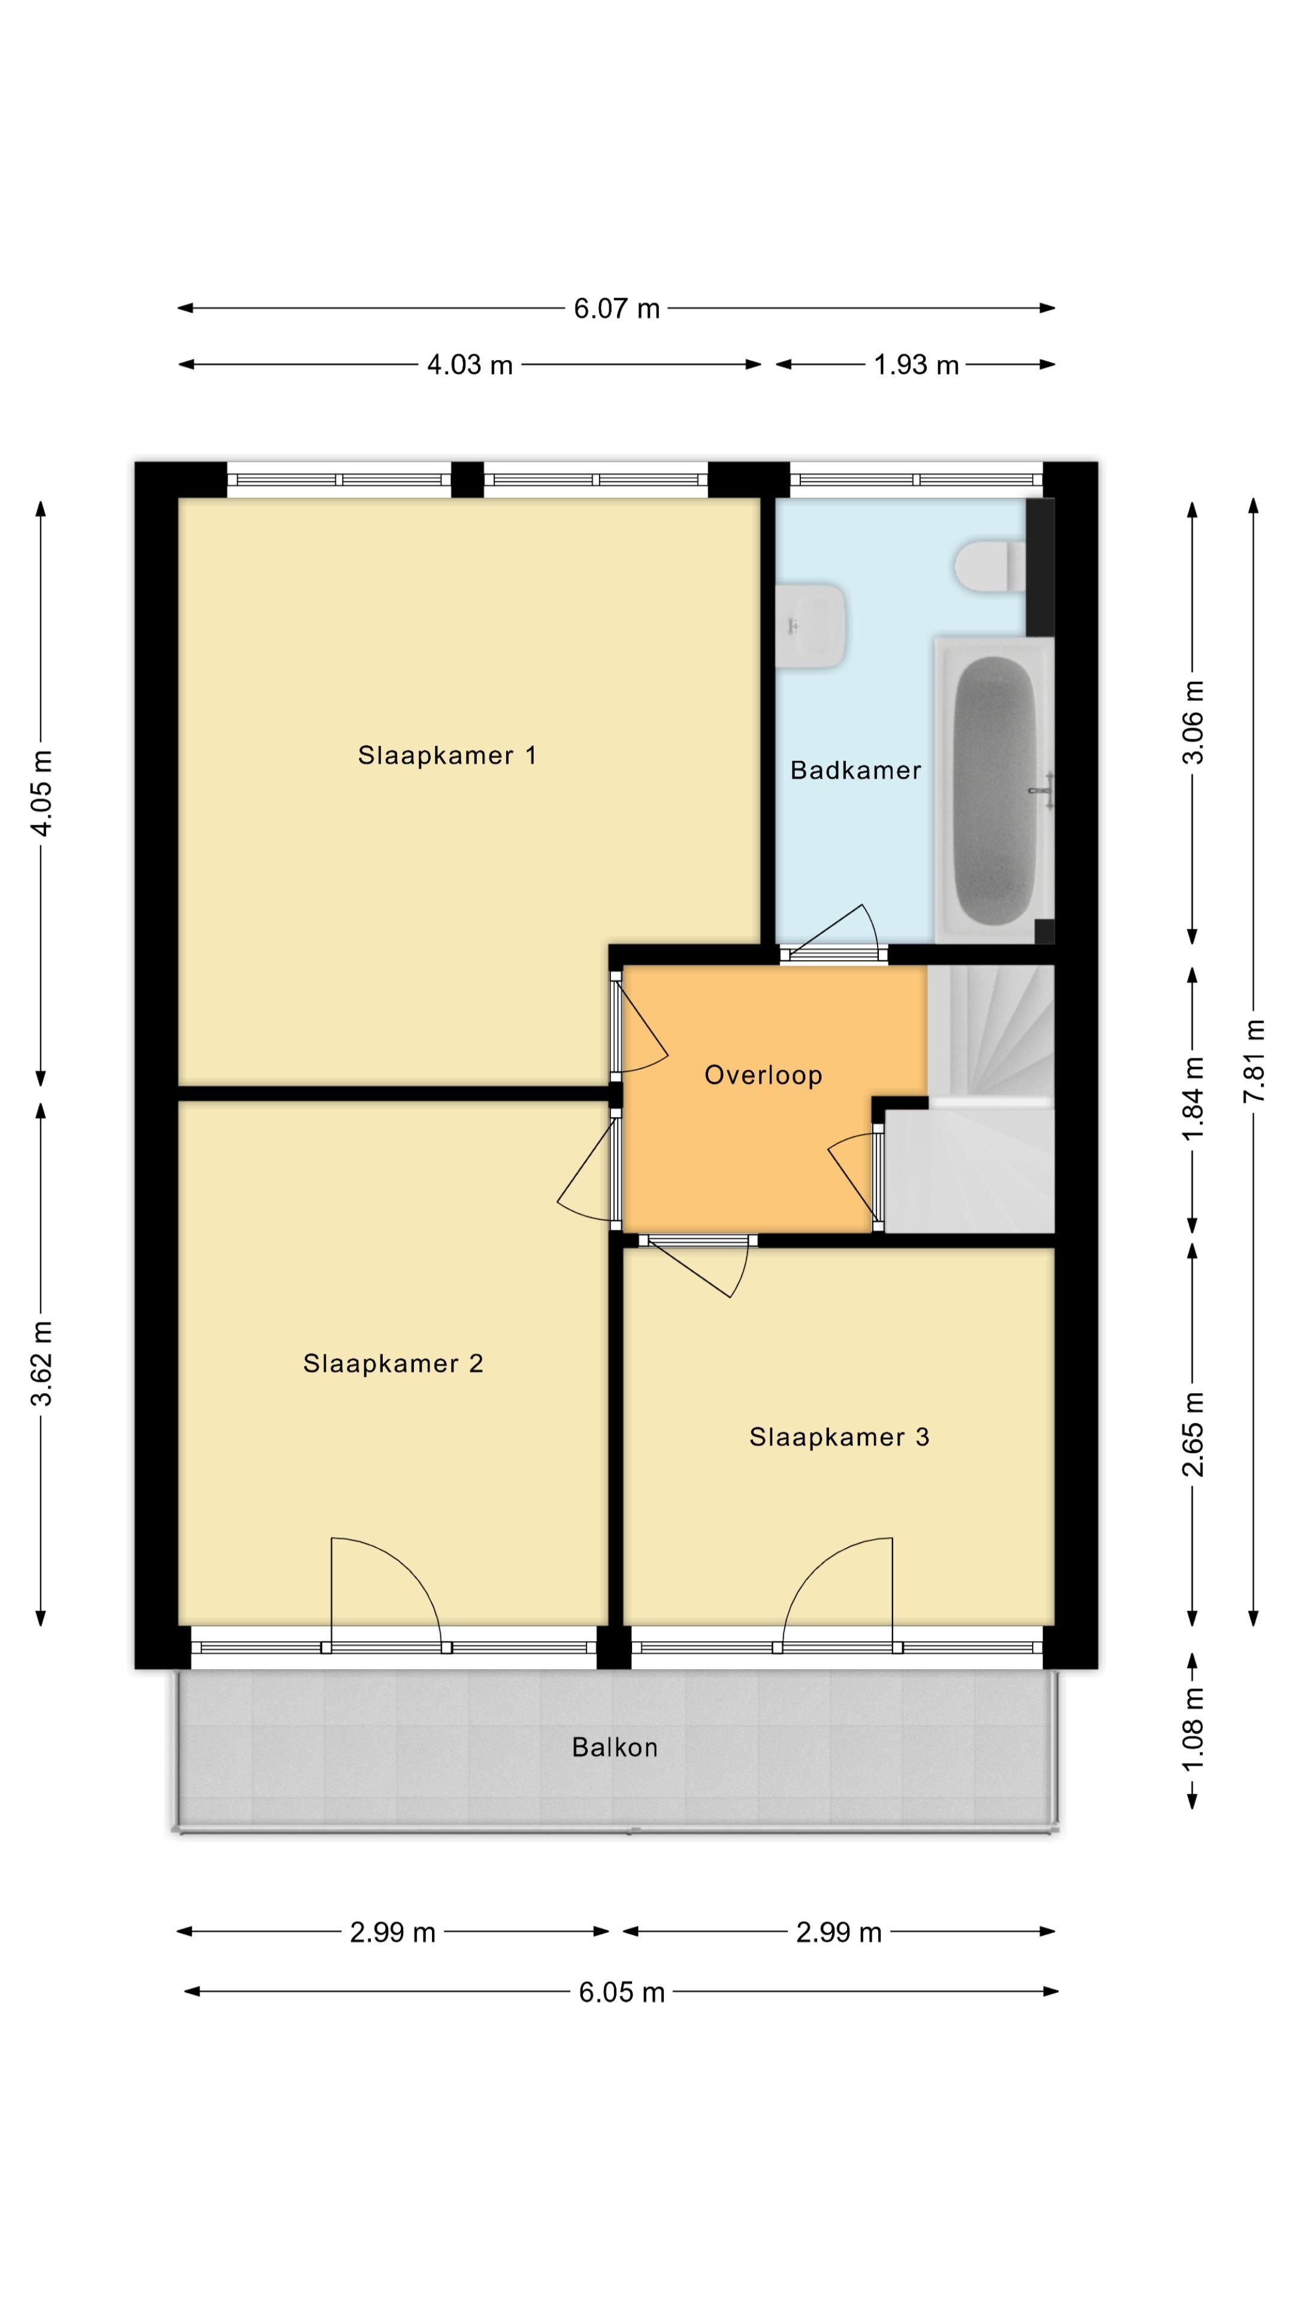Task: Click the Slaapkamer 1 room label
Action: coord(446,755)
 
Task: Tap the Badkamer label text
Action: coord(855,770)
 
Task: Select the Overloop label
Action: coord(763,1075)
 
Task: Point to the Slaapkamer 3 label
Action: coord(839,1437)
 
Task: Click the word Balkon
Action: coord(615,1747)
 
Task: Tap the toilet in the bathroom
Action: coord(988,565)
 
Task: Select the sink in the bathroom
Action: coord(809,625)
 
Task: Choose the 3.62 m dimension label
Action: coord(42,1363)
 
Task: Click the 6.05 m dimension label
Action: coord(622,1993)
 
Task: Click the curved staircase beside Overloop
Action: coord(991,1036)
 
